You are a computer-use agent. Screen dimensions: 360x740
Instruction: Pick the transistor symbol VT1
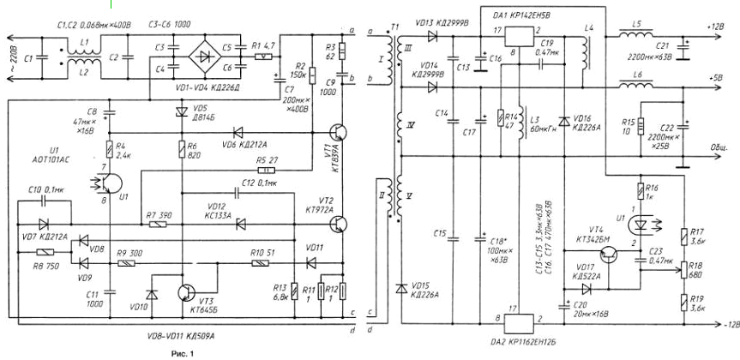coord(340,134)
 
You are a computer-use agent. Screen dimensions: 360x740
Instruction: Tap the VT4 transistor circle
coord(610,255)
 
